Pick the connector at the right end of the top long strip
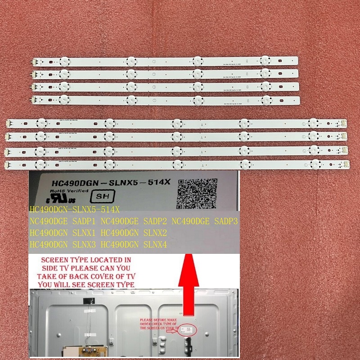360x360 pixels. (x=344, y=123)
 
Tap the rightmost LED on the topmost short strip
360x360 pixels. (x=265, y=60)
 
